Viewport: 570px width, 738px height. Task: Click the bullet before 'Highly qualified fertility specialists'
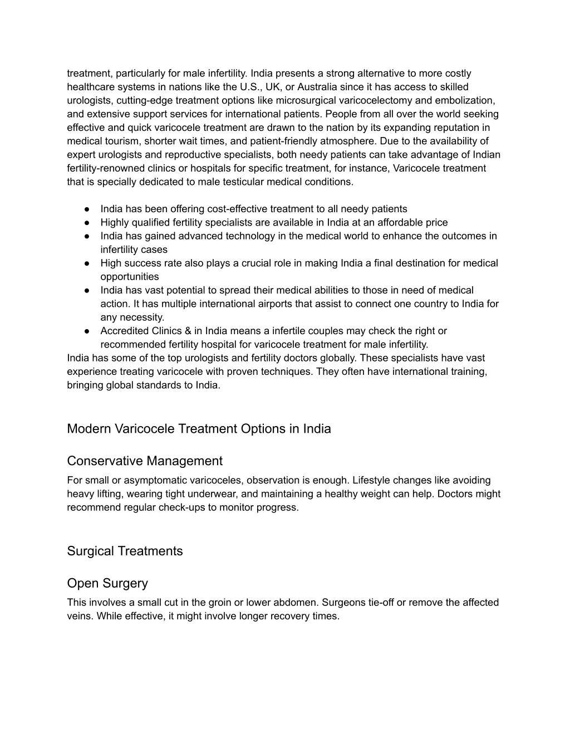[x=88, y=223]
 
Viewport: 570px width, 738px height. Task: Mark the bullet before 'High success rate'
[x=88, y=263]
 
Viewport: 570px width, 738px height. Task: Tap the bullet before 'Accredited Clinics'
[x=88, y=331]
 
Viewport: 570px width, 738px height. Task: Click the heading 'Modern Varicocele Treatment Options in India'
[x=199, y=429]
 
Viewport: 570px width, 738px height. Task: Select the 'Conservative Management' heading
[x=144, y=461]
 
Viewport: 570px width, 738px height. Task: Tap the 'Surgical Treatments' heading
[x=125, y=551]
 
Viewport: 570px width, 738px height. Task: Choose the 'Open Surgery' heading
[x=107, y=583]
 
